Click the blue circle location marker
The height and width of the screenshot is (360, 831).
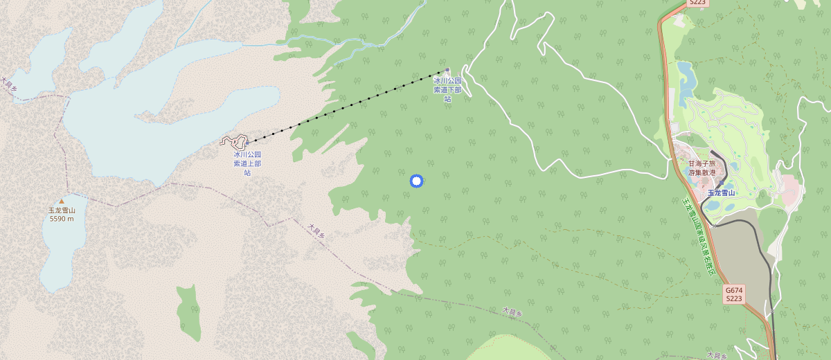tap(416, 181)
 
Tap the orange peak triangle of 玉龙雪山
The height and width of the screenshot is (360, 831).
tap(61, 201)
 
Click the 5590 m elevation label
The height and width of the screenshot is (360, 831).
tap(62, 219)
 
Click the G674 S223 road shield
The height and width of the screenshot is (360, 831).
tap(734, 294)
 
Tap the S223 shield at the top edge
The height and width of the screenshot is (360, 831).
tap(697, 3)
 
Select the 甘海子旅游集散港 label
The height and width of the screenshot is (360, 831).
tap(702, 168)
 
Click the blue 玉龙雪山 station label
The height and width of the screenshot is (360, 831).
tap(720, 193)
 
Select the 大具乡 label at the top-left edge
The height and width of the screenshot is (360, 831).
tap(9, 84)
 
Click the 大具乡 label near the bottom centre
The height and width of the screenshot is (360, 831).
tap(511, 312)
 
